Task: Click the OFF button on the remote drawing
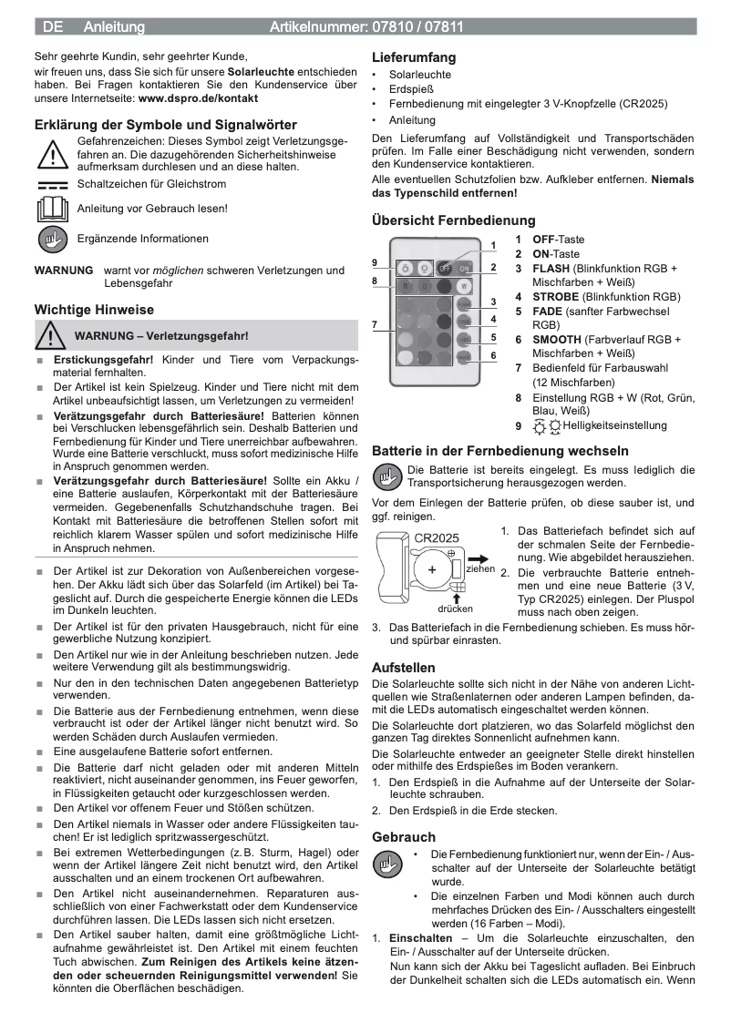[x=446, y=269]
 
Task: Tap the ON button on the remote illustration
[x=464, y=269]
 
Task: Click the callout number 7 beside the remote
[x=375, y=324]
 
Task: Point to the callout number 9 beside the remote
[x=375, y=262]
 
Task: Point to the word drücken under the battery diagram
[x=454, y=608]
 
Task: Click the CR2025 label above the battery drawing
[x=437, y=538]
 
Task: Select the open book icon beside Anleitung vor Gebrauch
[x=52, y=209]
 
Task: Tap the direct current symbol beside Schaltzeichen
[x=52, y=185]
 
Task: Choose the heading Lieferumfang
[x=414, y=57]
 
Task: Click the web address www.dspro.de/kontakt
[x=198, y=97]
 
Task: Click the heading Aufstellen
[x=404, y=668]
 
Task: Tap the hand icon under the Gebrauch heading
[x=389, y=863]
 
